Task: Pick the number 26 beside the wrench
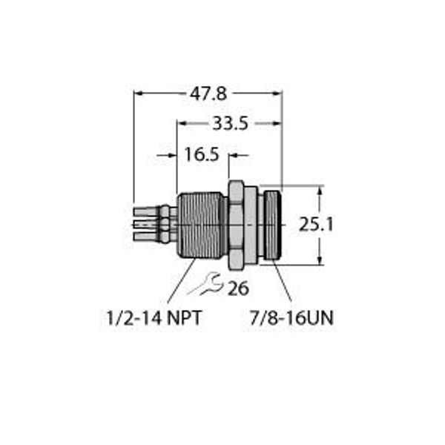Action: tap(237, 289)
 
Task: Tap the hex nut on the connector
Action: tap(236, 224)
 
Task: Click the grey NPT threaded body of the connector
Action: tap(200, 224)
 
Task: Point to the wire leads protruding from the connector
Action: tap(152, 224)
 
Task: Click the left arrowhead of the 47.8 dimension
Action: tap(138, 93)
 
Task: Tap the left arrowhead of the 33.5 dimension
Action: tap(181, 124)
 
